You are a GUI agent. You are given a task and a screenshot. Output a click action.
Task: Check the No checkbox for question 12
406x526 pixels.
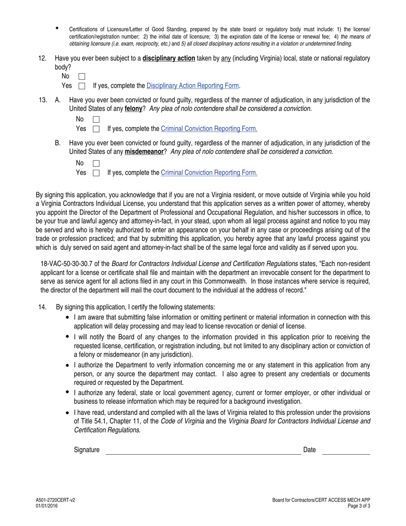point(82,77)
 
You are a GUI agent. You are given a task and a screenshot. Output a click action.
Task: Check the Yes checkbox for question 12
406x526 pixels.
point(82,86)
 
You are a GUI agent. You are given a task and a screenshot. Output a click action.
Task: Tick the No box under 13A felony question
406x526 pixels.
point(96,120)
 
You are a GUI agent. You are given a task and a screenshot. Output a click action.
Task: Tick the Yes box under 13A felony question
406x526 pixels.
point(96,129)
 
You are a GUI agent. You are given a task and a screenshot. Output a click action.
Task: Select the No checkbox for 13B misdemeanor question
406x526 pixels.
point(96,163)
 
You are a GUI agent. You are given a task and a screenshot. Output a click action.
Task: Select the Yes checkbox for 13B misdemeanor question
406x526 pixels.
point(96,173)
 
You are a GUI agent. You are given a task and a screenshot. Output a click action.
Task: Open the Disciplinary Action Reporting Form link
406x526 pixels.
point(192,86)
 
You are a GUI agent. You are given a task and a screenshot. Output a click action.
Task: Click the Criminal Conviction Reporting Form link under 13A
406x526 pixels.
point(209,129)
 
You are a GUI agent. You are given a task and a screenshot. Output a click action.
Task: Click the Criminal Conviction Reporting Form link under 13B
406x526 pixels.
point(209,173)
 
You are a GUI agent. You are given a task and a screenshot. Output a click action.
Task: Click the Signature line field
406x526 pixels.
point(203,450)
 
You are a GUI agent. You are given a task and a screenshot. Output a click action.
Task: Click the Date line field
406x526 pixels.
point(346,450)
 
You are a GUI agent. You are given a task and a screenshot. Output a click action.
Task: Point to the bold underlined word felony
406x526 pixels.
point(133,109)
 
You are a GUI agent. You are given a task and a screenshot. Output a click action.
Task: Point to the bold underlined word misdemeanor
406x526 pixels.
point(144,152)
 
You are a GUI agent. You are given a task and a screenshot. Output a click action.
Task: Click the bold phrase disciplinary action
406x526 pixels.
point(169,58)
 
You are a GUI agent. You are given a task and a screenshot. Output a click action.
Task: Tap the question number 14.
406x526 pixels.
point(42,307)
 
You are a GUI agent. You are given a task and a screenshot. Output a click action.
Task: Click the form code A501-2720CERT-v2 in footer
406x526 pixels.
point(55,500)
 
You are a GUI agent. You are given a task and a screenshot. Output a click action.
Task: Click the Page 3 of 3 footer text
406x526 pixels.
point(359,506)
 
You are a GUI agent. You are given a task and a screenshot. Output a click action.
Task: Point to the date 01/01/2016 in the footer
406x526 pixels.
point(47,506)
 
